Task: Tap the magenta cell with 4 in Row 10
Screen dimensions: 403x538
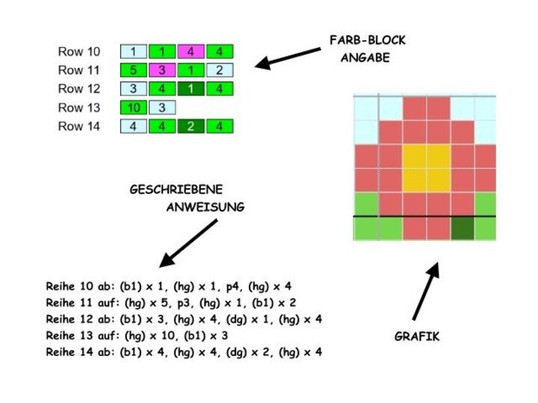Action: coord(191,51)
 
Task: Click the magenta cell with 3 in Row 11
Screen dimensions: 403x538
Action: coord(162,70)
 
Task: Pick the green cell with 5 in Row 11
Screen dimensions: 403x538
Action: coord(134,70)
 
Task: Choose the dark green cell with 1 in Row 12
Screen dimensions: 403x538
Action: coord(191,89)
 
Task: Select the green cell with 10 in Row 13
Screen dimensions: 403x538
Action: coord(134,107)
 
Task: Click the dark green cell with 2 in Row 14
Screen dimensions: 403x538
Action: coord(191,126)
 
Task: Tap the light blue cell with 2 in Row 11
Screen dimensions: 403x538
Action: coord(220,70)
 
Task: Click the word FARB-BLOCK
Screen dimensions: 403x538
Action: coord(367,40)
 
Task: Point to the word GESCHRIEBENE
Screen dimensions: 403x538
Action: coord(176,190)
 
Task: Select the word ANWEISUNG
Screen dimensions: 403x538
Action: coord(205,208)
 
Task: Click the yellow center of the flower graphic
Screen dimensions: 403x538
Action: coord(427,168)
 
